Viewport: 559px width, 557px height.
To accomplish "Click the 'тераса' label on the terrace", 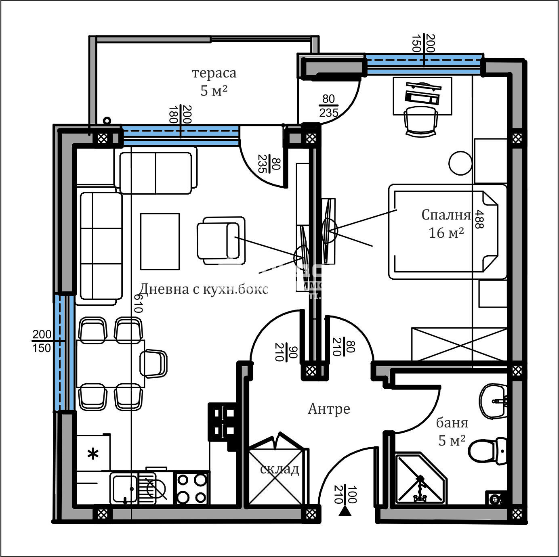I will pos(214,73).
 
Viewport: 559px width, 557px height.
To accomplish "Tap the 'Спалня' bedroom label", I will pos(446,215).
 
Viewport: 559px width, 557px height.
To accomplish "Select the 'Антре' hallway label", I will pos(329,409).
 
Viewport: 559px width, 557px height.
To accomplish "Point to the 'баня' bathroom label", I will pos(452,423).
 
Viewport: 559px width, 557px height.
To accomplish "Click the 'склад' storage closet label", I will pos(279,469).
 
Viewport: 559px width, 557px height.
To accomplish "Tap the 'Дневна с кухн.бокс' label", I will pos(204,289).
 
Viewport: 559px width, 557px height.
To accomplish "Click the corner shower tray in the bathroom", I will pos(420,480).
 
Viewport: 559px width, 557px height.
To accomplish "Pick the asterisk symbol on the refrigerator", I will pos(93,454).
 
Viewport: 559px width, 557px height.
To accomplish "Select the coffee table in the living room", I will pos(160,241).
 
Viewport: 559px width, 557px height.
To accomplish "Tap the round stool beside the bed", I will pos(460,163).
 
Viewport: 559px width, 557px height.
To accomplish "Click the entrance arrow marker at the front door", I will pos(344,512).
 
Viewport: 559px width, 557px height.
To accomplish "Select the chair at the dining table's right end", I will pos(154,363).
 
